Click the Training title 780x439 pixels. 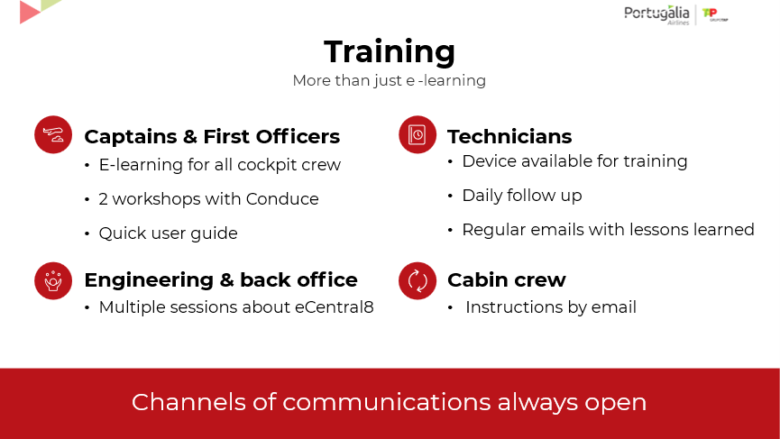[x=390, y=52]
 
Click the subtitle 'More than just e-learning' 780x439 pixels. [x=389, y=80]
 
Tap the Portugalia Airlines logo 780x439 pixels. [x=656, y=15]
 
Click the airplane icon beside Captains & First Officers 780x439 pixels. [x=53, y=134]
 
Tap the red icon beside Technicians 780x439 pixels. [x=418, y=134]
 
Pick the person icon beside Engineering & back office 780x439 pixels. [x=53, y=281]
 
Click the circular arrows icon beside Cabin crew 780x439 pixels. [x=418, y=281]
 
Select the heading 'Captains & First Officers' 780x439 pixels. [x=212, y=137]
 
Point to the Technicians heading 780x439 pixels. [x=509, y=137]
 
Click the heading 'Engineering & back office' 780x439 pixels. [x=221, y=280]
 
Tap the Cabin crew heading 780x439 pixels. [x=507, y=280]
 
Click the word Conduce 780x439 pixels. [x=282, y=199]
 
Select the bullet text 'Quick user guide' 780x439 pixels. [x=168, y=233]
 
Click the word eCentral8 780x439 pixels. [x=335, y=307]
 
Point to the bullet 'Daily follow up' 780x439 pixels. [x=522, y=196]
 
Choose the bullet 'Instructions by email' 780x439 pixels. [x=551, y=307]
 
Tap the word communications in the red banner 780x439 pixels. [x=387, y=402]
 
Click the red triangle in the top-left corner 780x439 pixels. [x=28, y=12]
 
